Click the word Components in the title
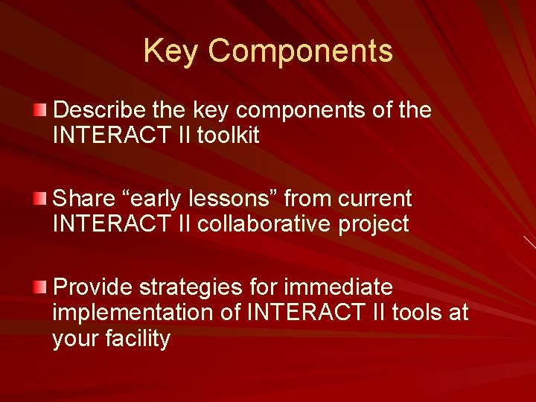pos(300,51)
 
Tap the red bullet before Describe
pos(39,111)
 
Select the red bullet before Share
pos(39,199)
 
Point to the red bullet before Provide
pos(39,287)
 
